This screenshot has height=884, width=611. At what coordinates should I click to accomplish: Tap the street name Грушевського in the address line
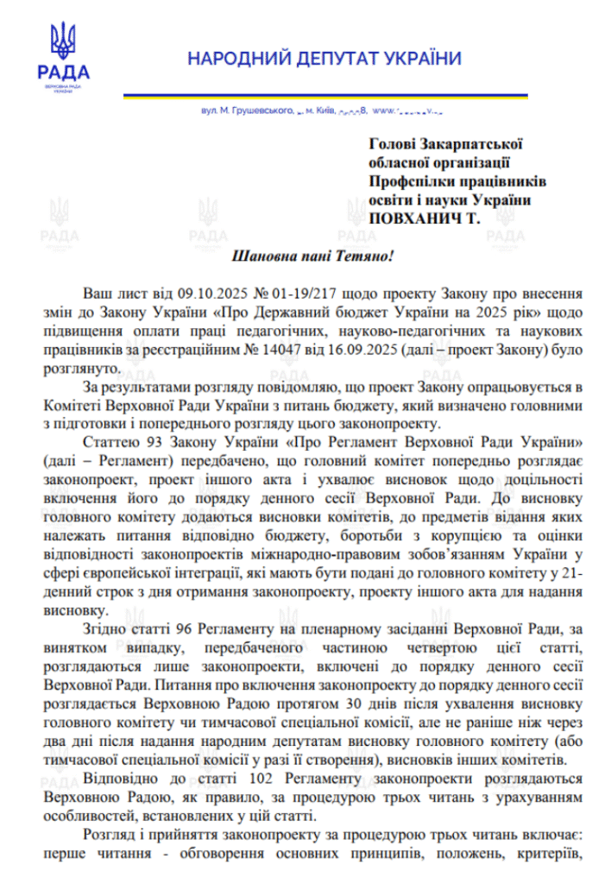pyautogui.click(x=258, y=111)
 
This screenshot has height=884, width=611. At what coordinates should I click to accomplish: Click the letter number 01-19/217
pyautogui.click(x=282, y=294)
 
